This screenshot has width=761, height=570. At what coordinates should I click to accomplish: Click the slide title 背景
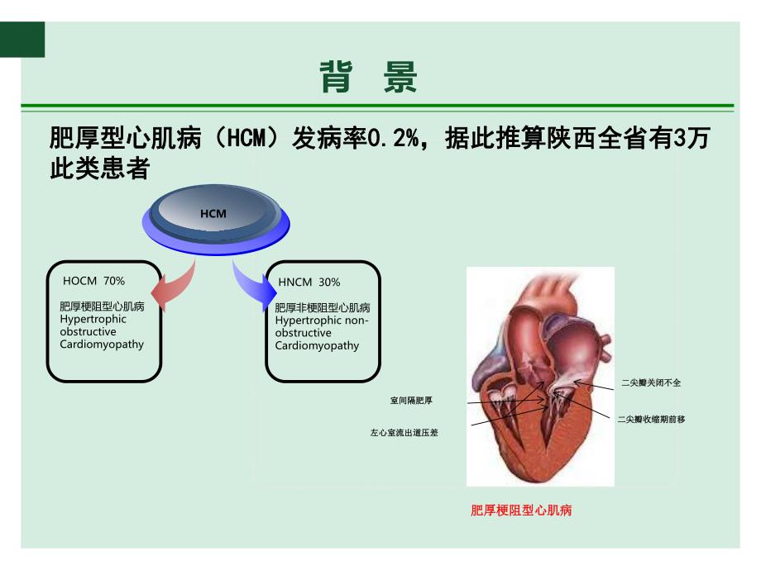369,78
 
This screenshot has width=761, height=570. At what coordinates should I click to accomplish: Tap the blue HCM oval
213,214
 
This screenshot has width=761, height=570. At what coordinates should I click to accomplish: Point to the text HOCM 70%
94,281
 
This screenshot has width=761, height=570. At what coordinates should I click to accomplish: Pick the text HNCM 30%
309,282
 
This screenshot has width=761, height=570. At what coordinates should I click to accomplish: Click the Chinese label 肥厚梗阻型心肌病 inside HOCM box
103,306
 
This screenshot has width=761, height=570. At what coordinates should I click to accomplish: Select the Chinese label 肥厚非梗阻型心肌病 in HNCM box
323,307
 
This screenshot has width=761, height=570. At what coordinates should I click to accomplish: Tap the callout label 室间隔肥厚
411,401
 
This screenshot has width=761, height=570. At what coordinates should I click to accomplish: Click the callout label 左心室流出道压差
404,432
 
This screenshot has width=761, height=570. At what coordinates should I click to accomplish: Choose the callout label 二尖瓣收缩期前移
651,420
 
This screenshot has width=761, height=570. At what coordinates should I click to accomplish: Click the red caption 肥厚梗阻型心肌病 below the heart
521,511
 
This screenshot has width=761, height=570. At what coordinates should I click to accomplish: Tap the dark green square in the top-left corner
22,40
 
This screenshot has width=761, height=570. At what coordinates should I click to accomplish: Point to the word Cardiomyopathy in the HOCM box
103,344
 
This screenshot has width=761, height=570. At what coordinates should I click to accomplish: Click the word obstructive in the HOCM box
89,331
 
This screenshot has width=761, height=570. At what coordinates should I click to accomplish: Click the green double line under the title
377,107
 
